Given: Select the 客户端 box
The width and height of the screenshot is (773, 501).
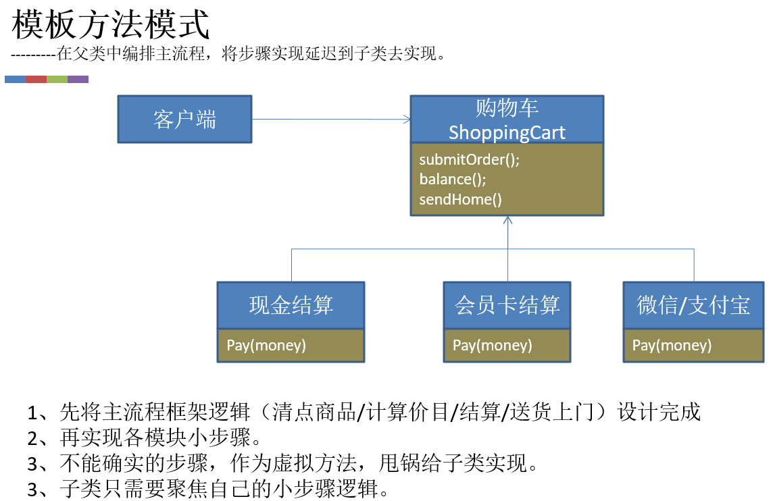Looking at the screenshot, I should point(184,119).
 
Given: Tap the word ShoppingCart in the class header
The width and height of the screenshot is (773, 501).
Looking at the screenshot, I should point(507,132).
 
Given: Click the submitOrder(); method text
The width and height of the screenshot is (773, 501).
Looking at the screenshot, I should point(470,160).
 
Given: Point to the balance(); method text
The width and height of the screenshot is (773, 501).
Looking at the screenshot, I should point(453,180).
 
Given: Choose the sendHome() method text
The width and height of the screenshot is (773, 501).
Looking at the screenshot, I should point(461,200).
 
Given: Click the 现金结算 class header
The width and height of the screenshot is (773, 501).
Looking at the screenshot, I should point(291,305).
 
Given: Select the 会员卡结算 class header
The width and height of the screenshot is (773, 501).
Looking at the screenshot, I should point(507,305).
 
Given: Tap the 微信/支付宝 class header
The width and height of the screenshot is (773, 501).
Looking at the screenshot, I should point(693,305).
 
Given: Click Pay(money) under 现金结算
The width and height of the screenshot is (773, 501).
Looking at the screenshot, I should point(266,346).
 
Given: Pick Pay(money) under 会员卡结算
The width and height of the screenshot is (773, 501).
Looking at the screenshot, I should point(493,346).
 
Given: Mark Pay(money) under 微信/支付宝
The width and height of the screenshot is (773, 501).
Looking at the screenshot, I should point(672,346).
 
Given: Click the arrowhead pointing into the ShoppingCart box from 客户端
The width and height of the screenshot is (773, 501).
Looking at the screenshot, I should point(407,120).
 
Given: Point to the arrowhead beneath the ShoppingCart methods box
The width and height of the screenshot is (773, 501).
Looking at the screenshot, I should point(508,221).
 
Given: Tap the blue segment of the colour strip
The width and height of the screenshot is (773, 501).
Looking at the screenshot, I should point(15,79).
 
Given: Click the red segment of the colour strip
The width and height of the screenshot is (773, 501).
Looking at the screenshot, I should point(36,79).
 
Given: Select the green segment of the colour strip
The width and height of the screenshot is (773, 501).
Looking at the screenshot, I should point(57,79).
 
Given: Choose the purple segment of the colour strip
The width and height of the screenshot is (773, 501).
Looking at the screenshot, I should point(78,79).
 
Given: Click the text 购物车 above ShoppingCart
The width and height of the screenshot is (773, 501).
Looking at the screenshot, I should point(507,108).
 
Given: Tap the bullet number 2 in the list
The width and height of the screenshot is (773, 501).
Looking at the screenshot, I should point(34,438).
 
